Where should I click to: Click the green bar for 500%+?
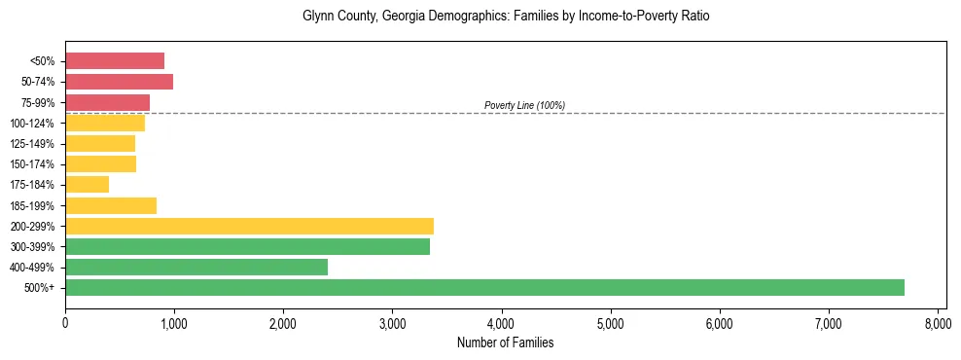484,287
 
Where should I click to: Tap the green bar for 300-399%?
247,246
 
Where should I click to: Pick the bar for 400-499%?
196,267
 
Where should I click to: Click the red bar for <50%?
115,60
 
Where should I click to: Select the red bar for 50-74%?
119,81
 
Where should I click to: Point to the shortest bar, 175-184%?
87,184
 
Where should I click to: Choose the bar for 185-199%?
111,205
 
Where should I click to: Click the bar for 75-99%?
107,102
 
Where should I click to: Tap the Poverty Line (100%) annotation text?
524,105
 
